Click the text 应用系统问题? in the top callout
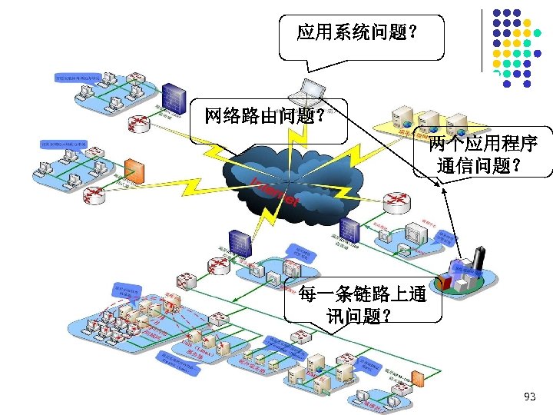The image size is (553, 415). tap(357, 32)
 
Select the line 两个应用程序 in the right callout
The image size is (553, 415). tap(483, 144)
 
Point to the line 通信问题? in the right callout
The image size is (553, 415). tap(478, 164)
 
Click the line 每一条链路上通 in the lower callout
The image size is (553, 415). tap(363, 295)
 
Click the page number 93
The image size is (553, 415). tap(529, 397)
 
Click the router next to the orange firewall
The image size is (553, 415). tap(96, 195)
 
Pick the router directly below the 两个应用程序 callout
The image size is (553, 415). tap(397, 201)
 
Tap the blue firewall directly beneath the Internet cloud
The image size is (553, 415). tap(241, 242)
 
